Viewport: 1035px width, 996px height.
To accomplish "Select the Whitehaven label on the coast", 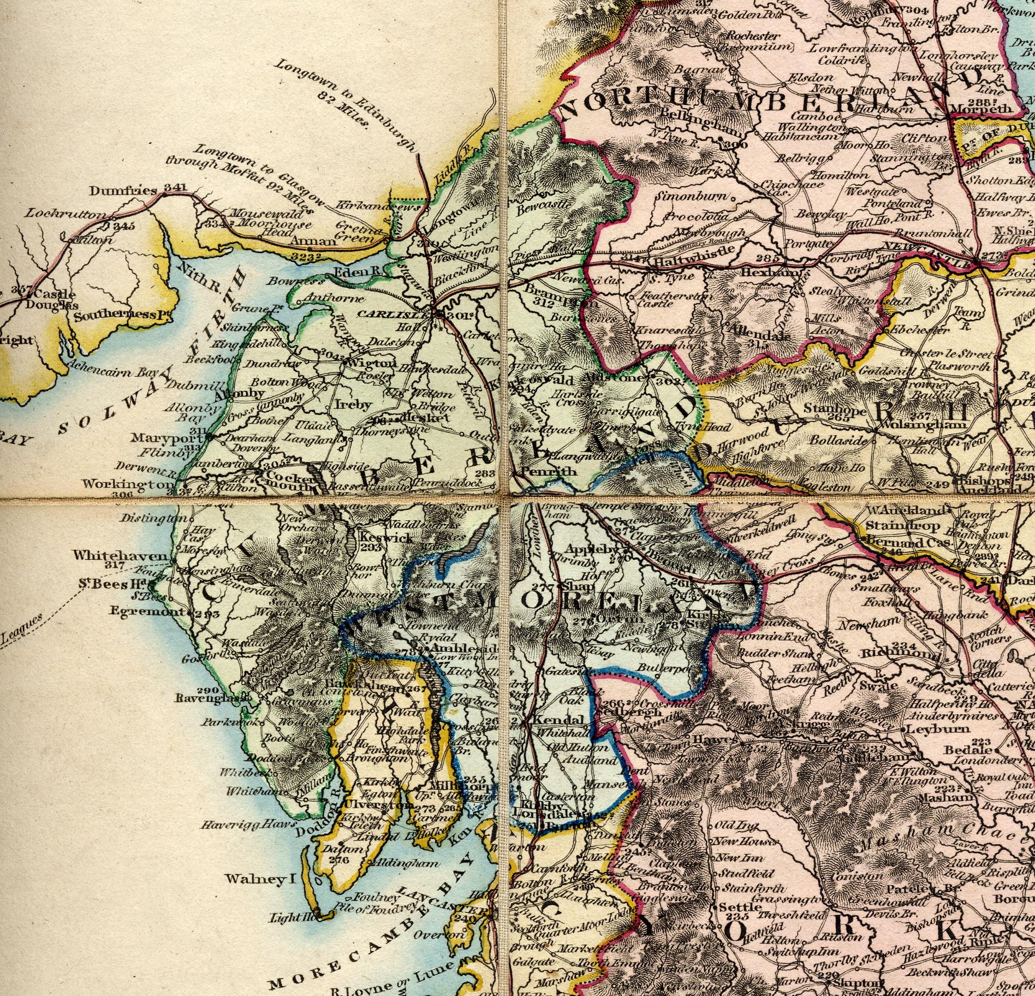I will tap(120, 555).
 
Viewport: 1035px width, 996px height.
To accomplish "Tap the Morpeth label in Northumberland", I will tap(981, 109).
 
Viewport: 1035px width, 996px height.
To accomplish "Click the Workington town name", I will tap(129, 484).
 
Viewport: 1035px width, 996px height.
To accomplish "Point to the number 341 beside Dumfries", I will tap(175, 188).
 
